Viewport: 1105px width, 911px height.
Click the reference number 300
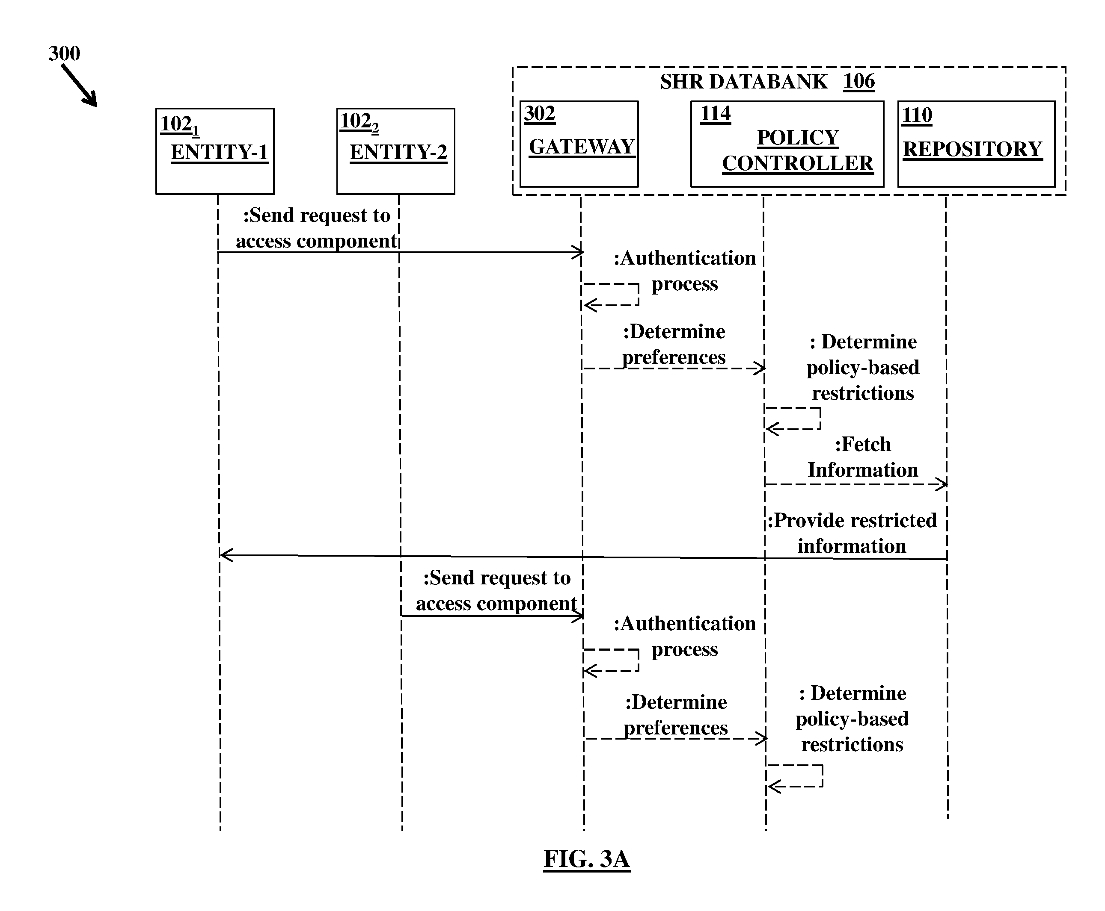point(64,53)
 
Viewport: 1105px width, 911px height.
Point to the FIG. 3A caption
point(587,859)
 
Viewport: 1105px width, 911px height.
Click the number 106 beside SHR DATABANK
point(859,81)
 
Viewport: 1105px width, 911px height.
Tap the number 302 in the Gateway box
point(539,113)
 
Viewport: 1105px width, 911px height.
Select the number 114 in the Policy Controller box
point(715,113)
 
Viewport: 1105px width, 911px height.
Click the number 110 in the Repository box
point(917,115)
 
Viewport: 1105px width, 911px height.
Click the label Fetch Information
point(863,457)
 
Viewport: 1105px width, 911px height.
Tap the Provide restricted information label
point(852,533)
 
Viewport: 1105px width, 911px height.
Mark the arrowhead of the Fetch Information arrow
point(945,484)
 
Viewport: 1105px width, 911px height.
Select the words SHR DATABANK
point(744,82)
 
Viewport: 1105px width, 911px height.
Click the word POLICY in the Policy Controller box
point(798,138)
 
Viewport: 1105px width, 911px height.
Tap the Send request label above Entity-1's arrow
point(316,228)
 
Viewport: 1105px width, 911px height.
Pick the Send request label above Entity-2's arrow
point(496,591)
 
